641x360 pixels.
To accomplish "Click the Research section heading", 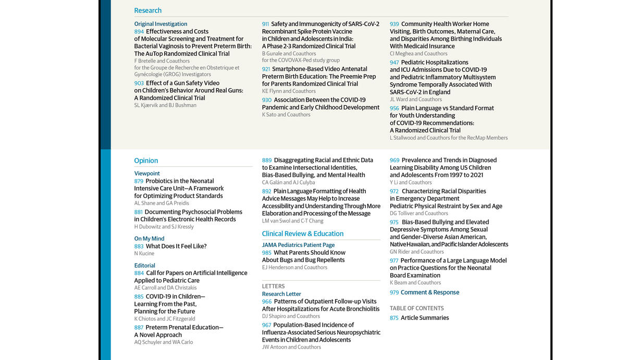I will click(147, 10).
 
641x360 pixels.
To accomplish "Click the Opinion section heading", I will click(146, 160).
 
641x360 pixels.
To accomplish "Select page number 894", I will click(139, 32).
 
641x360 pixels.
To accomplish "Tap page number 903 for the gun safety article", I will click(139, 83).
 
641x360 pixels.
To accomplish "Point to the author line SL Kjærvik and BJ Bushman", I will click(165, 105).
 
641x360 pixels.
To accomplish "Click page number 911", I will click(265, 24).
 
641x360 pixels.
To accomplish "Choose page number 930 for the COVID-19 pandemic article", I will click(266, 100).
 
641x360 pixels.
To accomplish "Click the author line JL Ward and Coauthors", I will click(415, 100).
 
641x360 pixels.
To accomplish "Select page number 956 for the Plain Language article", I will click(394, 108).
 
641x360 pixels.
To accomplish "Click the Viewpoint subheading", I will click(147, 173).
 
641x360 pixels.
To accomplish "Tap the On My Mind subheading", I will click(149, 239).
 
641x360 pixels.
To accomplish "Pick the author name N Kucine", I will click(144, 254).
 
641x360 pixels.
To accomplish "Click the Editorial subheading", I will click(144, 266).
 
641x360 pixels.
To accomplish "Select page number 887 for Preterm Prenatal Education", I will click(139, 328).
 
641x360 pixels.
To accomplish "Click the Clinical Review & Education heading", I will click(302, 234).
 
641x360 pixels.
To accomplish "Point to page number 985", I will click(266, 253).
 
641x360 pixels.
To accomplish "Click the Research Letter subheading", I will click(281, 294).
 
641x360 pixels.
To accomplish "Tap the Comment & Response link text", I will click(429, 293).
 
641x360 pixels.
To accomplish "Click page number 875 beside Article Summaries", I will click(394, 318).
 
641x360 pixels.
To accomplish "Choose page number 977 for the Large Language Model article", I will click(394, 260).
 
